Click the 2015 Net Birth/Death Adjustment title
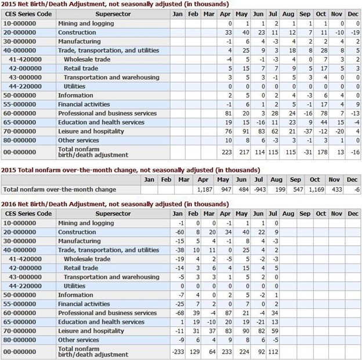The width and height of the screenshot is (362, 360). pos(115,4)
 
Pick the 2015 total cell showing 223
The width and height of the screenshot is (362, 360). pos(226,152)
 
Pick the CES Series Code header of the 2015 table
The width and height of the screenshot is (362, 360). pos(28,15)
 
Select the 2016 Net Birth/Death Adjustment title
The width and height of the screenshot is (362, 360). pos(115,204)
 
